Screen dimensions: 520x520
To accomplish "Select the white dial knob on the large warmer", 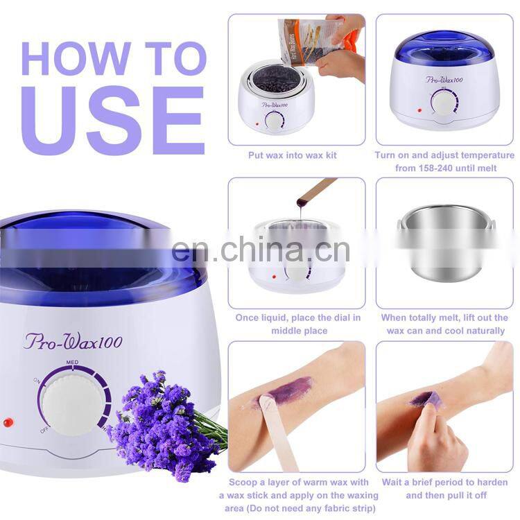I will tap(70, 401).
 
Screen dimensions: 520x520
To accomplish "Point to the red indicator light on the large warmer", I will tap(8, 422).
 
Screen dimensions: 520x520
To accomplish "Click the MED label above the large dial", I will tap(71, 362).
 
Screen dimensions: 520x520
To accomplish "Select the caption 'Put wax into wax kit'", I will tap(292, 155).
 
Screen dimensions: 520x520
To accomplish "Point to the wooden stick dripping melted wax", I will tap(316, 191).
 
